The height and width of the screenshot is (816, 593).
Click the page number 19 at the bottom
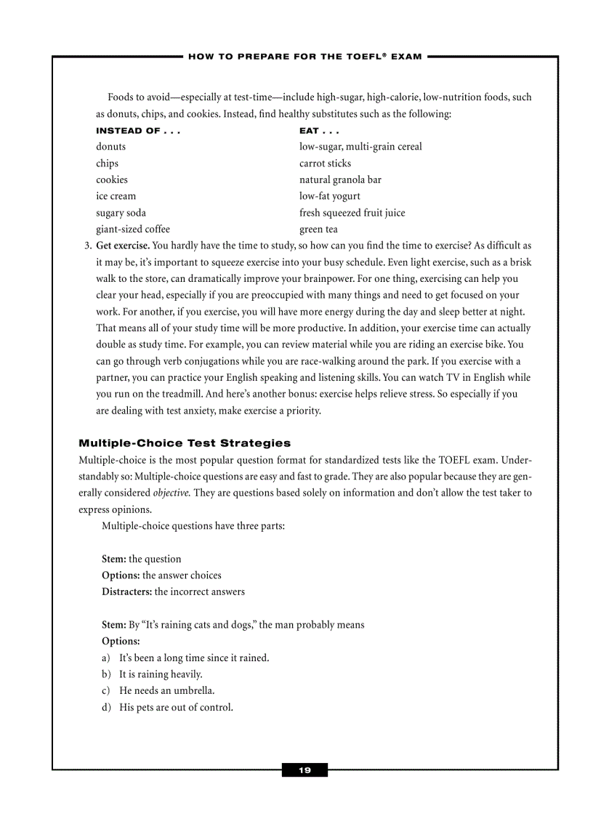click(304, 770)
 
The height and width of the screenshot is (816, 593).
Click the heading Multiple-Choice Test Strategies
click(185, 443)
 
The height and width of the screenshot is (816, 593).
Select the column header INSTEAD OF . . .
click(137, 131)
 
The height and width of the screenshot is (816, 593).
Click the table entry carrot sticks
click(325, 163)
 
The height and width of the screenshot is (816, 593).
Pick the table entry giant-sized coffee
click(133, 230)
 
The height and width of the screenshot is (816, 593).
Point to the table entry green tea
click(318, 230)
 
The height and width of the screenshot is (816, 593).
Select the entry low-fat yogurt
click(329, 196)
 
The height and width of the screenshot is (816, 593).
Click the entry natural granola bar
click(340, 179)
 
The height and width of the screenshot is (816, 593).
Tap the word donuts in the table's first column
click(110, 147)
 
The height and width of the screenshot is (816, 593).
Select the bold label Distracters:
click(126, 591)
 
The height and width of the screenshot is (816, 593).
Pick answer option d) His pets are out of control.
click(175, 707)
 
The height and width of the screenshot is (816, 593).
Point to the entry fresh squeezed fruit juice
click(352, 213)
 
